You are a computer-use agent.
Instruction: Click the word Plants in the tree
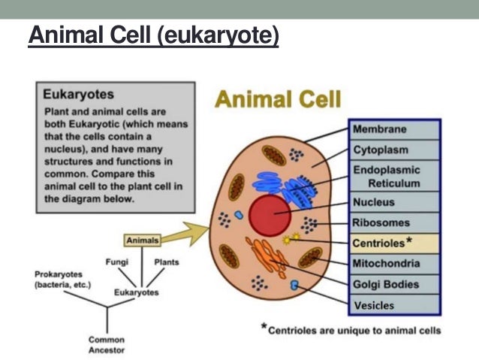tap(166, 263)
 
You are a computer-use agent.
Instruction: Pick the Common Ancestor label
tap(106, 344)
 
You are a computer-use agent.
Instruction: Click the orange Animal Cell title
tap(278, 98)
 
